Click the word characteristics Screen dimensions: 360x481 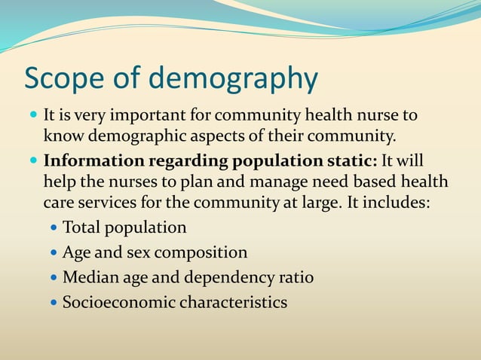[239, 303]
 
